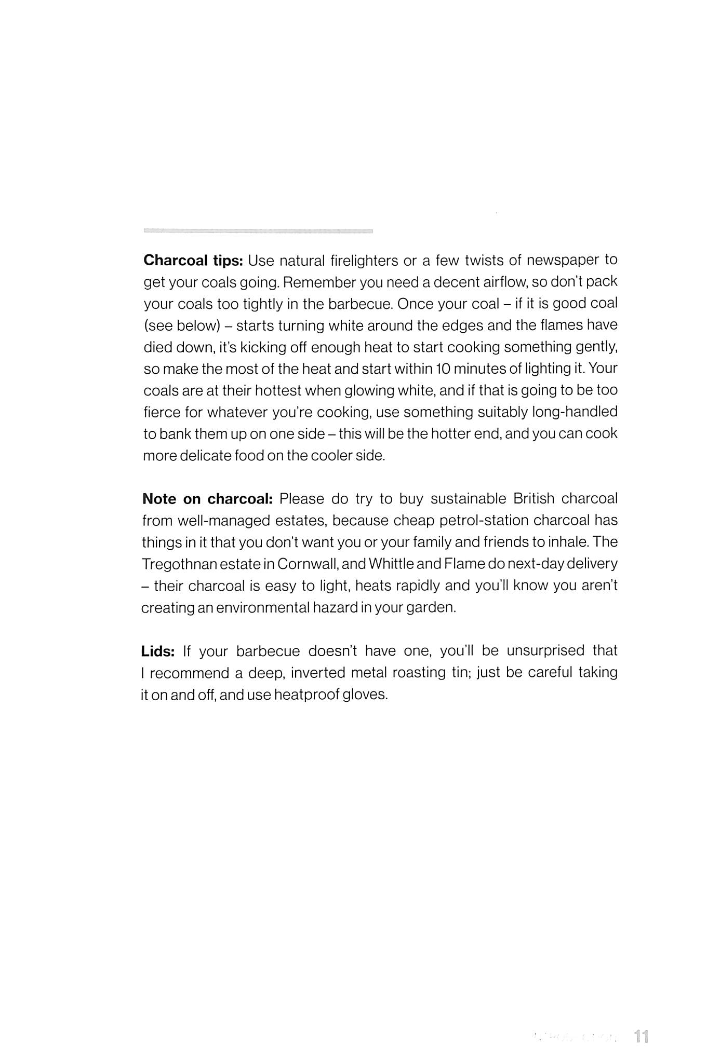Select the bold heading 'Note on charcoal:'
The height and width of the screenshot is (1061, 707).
[x=207, y=499]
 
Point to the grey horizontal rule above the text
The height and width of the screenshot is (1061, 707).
[x=258, y=230]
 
